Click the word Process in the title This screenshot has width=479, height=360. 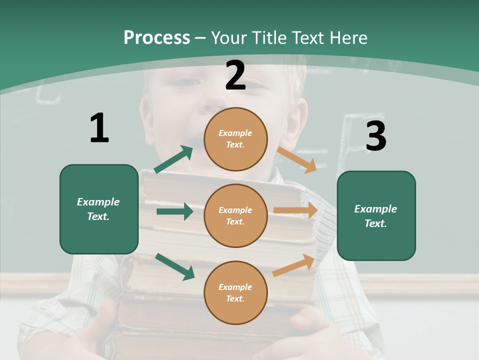click(x=157, y=37)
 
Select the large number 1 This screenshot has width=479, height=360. click(x=99, y=128)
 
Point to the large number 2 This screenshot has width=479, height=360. click(x=236, y=75)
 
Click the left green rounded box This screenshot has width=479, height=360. click(x=99, y=209)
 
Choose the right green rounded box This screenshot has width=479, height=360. click(x=376, y=215)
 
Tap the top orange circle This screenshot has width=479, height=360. click(x=236, y=138)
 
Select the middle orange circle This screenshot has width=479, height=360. click(x=236, y=215)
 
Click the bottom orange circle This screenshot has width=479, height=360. click(x=236, y=292)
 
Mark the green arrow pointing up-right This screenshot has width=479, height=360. click(x=174, y=159)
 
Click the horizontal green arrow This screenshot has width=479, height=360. click(x=175, y=211)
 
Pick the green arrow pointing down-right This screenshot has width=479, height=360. click(x=175, y=266)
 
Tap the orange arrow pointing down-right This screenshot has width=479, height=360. click(x=297, y=159)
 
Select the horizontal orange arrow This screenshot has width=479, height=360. click(x=295, y=210)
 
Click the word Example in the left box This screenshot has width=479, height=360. click(x=98, y=202)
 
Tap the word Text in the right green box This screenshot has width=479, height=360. click(x=375, y=223)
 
